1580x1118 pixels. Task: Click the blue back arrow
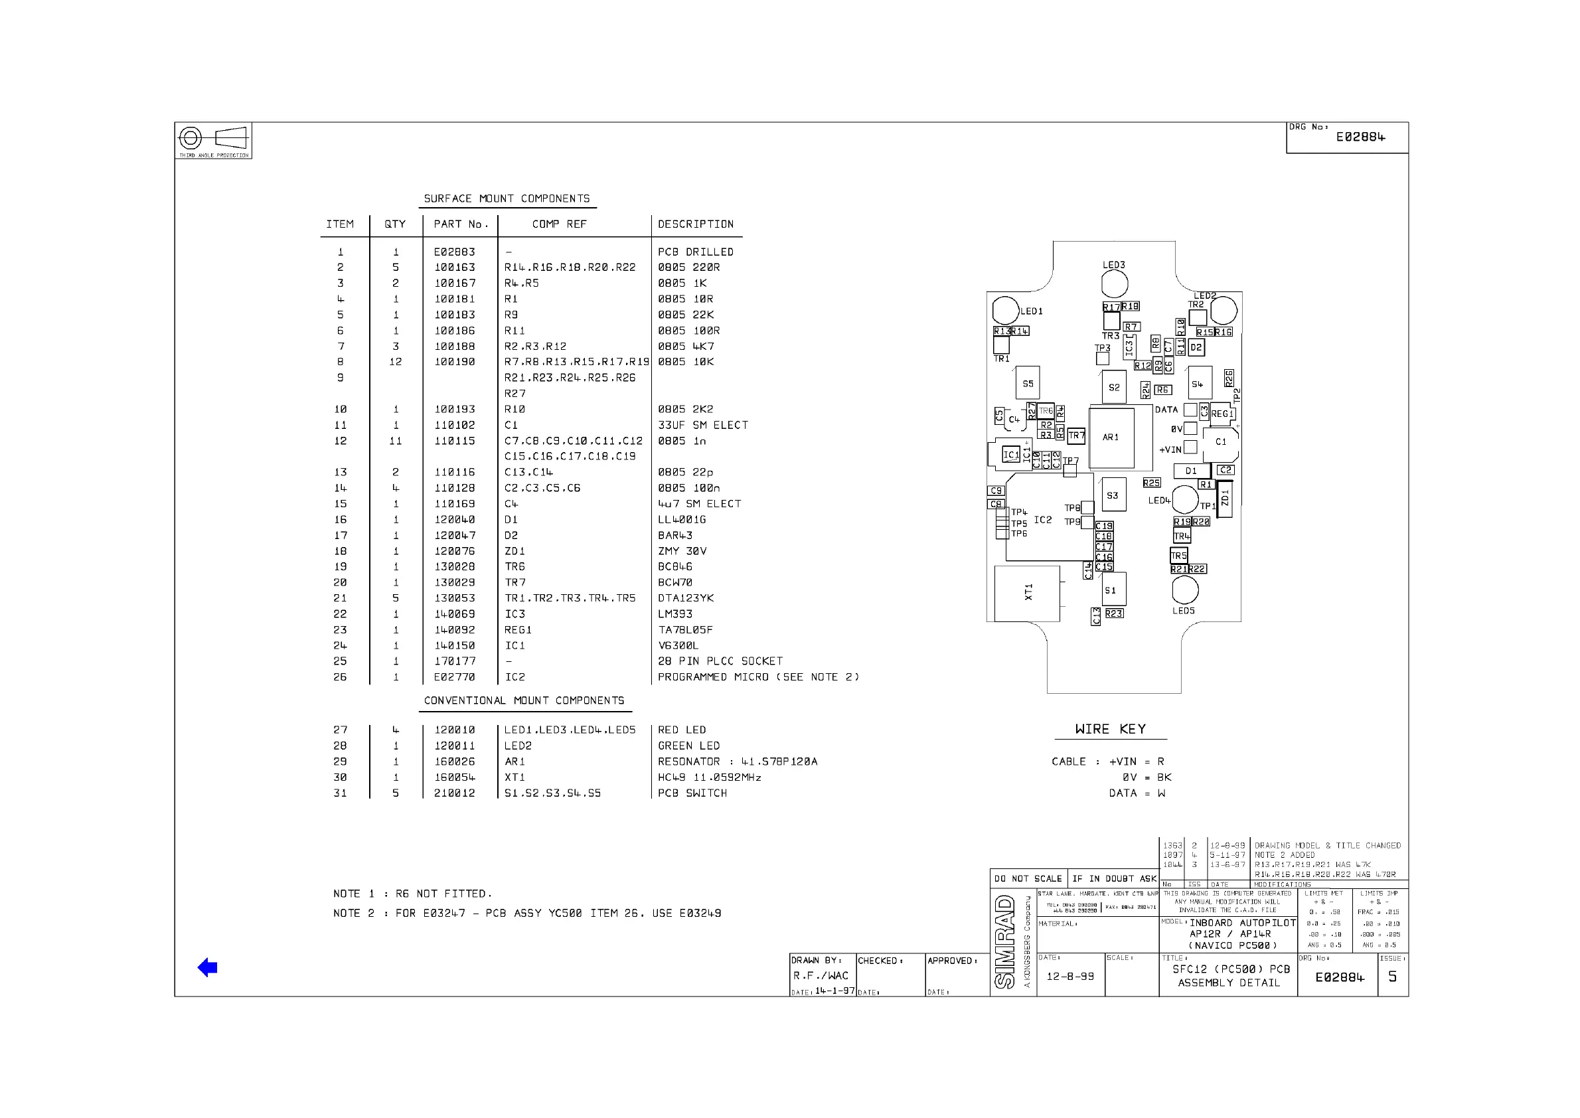pos(207,967)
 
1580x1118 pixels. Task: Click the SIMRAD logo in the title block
pos(1005,941)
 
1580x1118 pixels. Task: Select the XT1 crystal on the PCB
pos(1026,593)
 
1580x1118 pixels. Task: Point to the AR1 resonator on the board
pos(1111,438)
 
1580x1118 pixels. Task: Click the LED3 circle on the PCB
pos(1115,283)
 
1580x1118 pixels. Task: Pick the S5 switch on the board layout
pos(1027,384)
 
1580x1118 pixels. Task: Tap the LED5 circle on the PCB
pos(1185,590)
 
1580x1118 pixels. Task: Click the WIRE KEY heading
pos(1111,729)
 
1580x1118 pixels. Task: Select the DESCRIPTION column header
pos(695,224)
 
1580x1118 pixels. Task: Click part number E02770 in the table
pos(454,677)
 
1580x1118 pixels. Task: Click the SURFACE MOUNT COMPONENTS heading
pos(507,199)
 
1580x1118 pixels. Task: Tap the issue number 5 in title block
pos(1392,977)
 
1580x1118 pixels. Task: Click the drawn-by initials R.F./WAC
pos(821,975)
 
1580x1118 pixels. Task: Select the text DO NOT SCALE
pos(1028,879)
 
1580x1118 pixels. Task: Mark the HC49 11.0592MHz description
pos(709,778)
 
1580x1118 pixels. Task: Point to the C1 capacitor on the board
pos(1221,442)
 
